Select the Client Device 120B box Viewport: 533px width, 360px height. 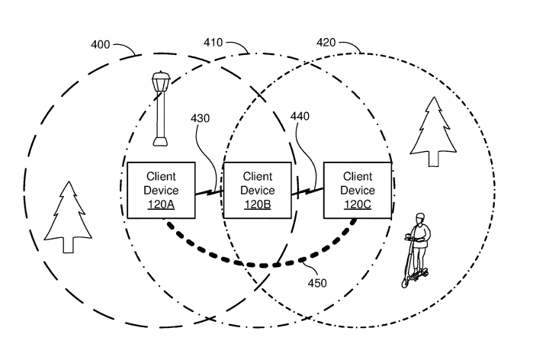(x=257, y=190)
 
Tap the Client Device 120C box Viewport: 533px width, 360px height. (x=358, y=190)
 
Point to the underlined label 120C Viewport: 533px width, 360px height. (x=358, y=204)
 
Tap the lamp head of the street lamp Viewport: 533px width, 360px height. (x=160, y=79)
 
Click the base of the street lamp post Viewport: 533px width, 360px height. (x=160, y=140)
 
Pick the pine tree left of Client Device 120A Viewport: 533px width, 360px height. (x=69, y=217)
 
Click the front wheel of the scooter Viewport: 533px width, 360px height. (x=405, y=281)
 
